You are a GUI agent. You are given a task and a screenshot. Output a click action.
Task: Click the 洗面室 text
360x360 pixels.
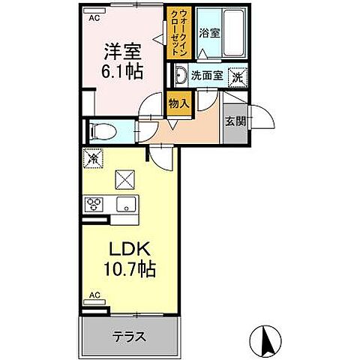click(x=207, y=75)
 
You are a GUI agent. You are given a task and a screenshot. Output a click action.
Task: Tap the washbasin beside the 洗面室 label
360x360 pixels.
click(x=181, y=75)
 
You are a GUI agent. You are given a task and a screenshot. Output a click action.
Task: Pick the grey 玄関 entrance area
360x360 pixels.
click(x=233, y=122)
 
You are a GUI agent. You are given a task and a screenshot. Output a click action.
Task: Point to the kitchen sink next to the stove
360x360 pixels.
click(x=124, y=202)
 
